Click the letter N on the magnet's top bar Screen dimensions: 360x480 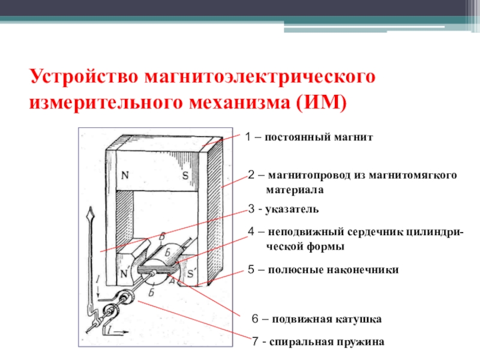(x=125, y=176)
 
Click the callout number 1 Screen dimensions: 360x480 (x=248, y=137)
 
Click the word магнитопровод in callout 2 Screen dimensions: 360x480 (x=307, y=175)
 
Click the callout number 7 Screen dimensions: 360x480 (x=255, y=342)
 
